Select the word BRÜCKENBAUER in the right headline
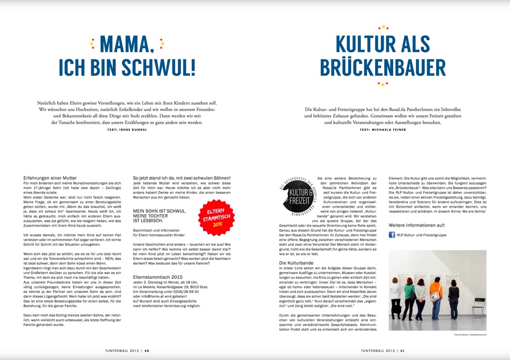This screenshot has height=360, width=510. tap(382, 67)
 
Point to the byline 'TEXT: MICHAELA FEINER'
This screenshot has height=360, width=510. tap(382, 130)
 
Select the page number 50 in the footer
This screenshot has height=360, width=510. tap(147, 350)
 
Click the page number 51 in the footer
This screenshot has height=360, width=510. tap(403, 350)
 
